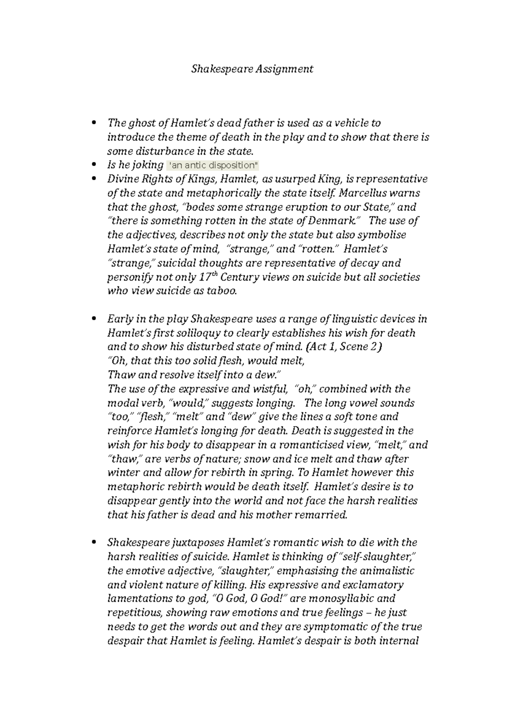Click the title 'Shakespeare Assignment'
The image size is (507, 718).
point(252,69)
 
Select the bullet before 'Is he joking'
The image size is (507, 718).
point(94,165)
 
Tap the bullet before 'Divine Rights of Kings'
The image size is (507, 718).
point(94,179)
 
